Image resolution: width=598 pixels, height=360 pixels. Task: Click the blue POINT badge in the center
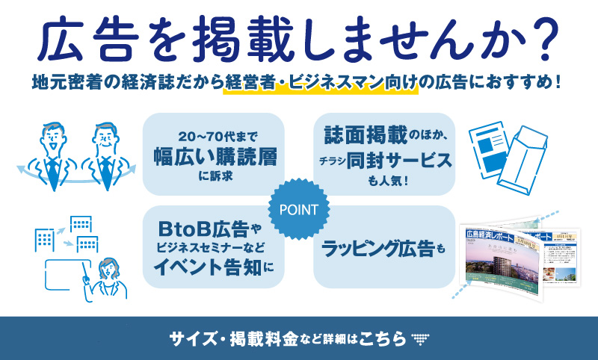299,210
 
